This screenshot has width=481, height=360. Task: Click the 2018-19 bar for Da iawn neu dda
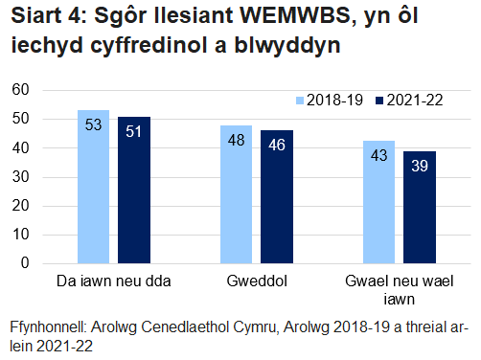(x=93, y=187)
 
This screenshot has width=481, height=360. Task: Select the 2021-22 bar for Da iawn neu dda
(x=134, y=190)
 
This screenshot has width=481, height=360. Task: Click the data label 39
(x=420, y=166)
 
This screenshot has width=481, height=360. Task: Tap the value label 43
(x=379, y=155)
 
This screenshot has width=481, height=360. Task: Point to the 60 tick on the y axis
(x=21, y=90)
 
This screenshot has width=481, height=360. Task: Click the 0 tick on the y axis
(x=26, y=263)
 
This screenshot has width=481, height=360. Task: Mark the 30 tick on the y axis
(x=21, y=177)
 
